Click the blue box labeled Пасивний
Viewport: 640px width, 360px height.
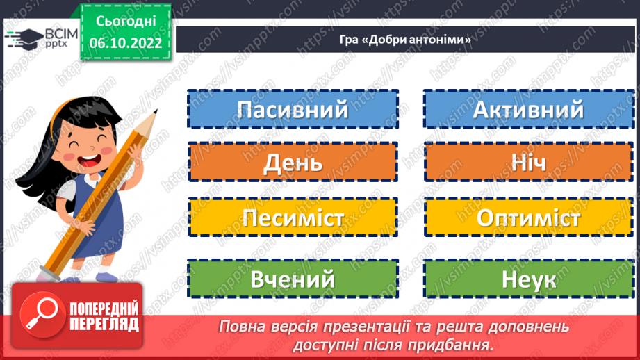point(292,109)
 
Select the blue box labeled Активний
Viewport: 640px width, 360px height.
point(528,109)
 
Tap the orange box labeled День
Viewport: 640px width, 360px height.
point(292,163)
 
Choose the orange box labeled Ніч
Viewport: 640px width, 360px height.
point(528,163)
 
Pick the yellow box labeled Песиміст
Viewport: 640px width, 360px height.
point(292,217)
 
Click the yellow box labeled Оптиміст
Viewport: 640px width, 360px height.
point(528,217)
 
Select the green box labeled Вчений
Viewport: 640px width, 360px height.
point(292,279)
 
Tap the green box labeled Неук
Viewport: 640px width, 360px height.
point(528,279)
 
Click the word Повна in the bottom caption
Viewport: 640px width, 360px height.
point(240,326)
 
